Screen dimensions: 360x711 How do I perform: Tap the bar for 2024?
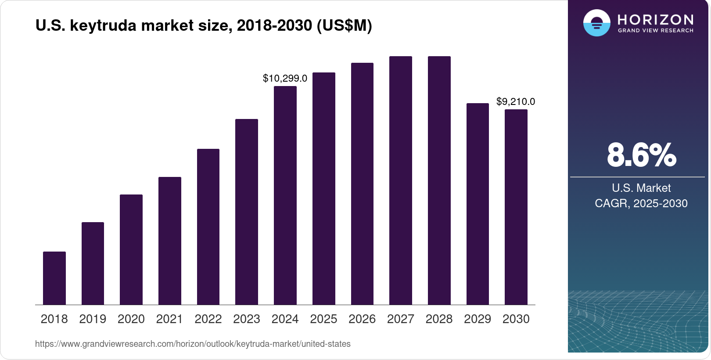tap(285, 195)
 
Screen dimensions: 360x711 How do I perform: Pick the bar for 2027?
tap(401, 180)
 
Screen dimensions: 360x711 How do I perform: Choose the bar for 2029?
tap(478, 204)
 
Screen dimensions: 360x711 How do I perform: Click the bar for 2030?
tap(516, 207)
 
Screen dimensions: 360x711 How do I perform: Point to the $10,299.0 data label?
tap(285, 78)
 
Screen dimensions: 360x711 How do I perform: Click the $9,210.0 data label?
tap(516, 101)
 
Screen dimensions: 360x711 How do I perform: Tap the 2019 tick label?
tap(93, 319)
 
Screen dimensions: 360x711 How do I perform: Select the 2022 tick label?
tap(208, 319)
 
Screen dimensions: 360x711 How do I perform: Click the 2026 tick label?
tap(362, 319)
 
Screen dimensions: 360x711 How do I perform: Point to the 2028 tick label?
tap(439, 319)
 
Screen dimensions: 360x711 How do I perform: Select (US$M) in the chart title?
tap(344, 25)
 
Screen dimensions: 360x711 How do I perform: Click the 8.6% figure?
tap(641, 155)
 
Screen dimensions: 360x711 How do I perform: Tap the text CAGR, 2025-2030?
tap(641, 203)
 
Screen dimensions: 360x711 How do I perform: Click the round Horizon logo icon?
tap(596, 23)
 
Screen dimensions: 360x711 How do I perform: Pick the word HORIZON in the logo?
tap(655, 19)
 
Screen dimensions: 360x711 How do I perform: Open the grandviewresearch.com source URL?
tap(193, 344)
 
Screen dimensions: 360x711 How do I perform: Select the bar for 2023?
tap(247, 212)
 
